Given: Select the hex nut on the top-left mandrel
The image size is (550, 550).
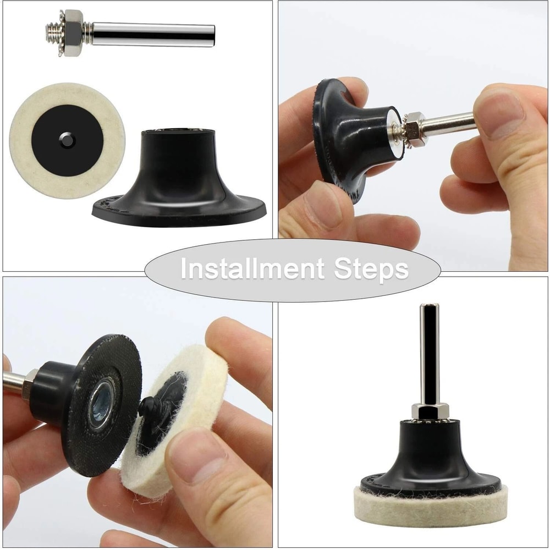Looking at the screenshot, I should pos(74,25).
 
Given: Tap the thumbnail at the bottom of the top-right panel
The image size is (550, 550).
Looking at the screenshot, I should pos(326,204).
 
